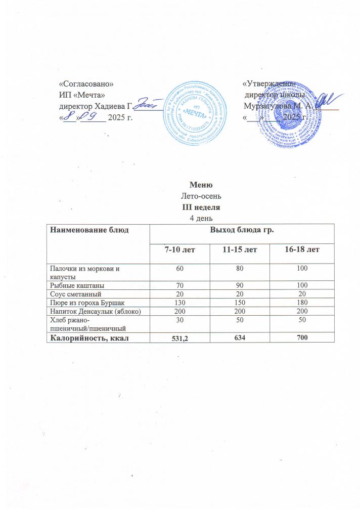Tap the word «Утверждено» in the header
[268, 82]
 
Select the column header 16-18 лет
[302, 250]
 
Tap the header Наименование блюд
[86, 231]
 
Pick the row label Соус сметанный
[72, 294]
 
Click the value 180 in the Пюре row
[302, 302]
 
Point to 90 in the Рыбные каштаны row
[240, 285]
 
